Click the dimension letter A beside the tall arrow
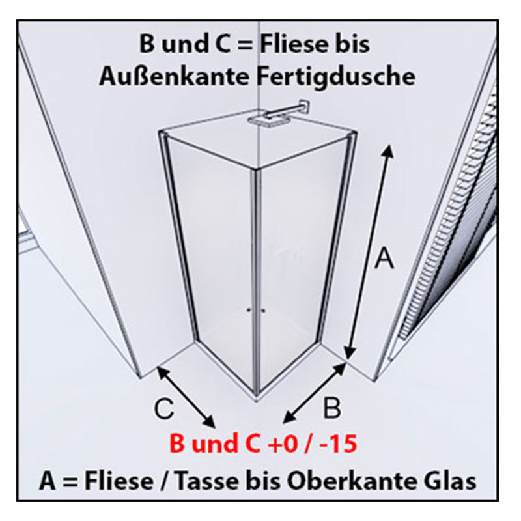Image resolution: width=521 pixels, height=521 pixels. pos(384,257)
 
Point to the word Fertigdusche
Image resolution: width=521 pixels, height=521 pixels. pos(336,77)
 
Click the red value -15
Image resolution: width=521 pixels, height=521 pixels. pos(338,444)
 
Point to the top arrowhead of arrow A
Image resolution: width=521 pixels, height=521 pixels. pos(388,151)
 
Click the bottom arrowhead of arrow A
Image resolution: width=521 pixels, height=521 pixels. pos(350,353)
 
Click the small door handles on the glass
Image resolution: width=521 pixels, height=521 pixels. pos(256,311)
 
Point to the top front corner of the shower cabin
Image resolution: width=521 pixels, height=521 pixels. pos(257,170)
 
